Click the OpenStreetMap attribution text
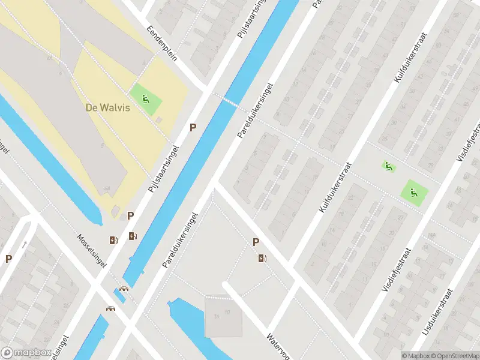pos(455,356)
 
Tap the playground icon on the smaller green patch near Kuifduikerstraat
pos(388,166)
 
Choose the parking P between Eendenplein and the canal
pos(193,127)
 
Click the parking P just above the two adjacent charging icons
pos(130,216)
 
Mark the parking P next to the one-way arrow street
pos(8,259)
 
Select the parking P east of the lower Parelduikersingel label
pos(256,242)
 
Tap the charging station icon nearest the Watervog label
pos(262,259)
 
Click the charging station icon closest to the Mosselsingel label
pos(113,240)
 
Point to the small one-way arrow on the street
pos(24,244)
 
